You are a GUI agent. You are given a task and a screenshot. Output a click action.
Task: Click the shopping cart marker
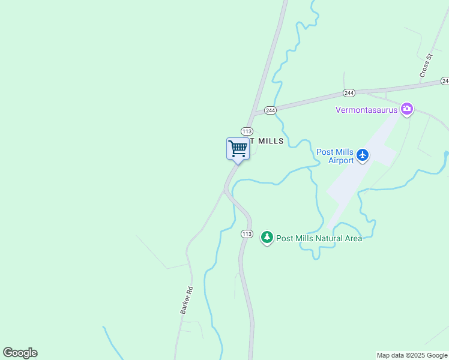(238, 148)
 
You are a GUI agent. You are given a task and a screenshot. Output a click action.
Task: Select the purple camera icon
(408, 109)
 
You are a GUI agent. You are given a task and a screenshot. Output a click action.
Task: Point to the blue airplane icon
(363, 155)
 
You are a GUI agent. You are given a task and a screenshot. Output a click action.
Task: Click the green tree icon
(267, 238)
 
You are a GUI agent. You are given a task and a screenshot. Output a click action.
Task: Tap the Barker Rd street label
(186, 300)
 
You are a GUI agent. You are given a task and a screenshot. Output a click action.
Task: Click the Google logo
(20, 353)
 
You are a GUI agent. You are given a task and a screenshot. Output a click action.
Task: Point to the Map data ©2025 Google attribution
(412, 355)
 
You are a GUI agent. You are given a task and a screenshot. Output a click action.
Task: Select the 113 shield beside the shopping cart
(246, 131)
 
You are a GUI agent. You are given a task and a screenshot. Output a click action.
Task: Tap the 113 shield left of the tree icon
(247, 233)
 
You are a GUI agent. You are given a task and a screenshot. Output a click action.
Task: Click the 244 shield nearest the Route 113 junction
(270, 110)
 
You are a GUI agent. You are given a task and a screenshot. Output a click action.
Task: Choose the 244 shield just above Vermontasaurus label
(349, 93)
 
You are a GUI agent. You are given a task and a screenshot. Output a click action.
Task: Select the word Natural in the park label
(325, 238)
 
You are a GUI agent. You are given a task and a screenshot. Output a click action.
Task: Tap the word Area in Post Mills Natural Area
(352, 238)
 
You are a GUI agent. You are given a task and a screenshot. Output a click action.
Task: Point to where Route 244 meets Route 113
(254, 114)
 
